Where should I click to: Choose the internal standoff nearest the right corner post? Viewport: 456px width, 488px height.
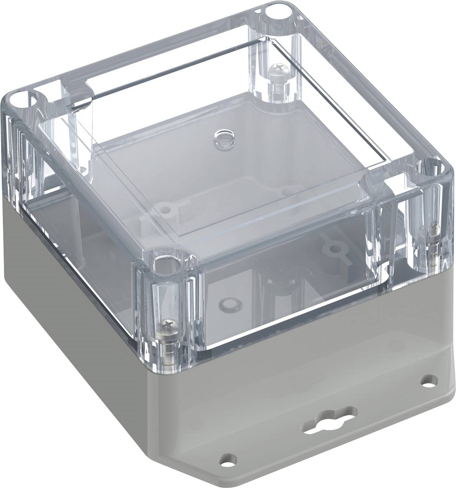click(x=335, y=248)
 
